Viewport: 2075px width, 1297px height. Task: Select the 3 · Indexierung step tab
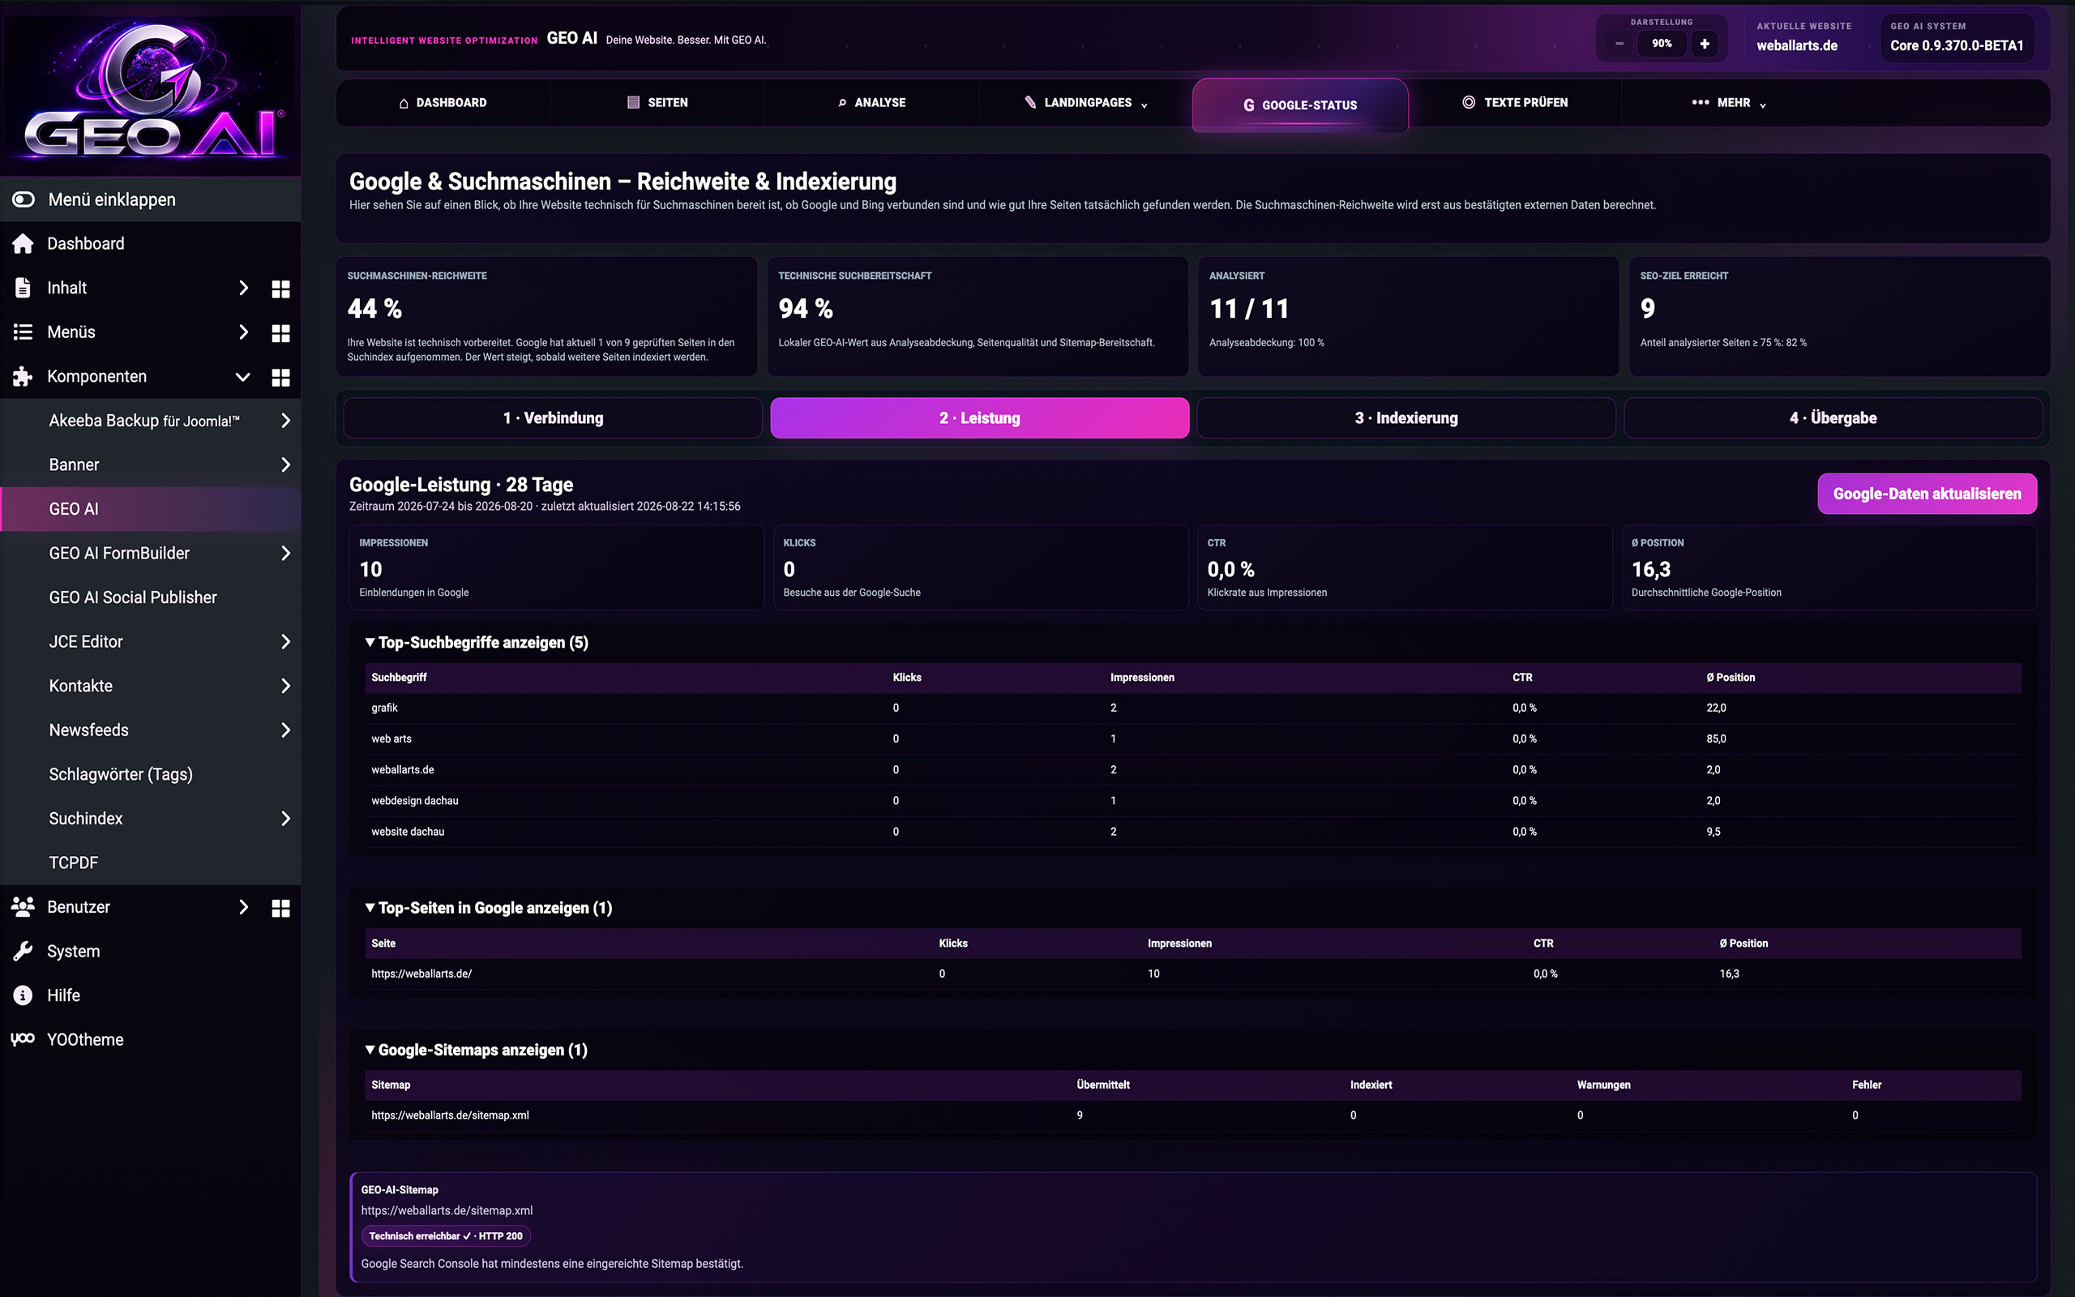1406,417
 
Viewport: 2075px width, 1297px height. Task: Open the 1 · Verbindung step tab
553,417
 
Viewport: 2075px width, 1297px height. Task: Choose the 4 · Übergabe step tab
1833,417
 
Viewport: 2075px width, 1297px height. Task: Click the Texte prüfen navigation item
1514,103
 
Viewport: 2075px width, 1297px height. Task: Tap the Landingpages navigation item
1085,103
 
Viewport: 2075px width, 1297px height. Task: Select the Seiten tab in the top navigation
657,103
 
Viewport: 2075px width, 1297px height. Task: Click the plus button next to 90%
1705,44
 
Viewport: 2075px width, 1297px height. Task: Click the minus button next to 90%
1619,44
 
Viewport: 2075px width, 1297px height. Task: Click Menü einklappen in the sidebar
112,200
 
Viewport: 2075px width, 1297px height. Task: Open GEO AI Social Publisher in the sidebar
133,597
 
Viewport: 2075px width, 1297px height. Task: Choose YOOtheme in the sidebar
85,1040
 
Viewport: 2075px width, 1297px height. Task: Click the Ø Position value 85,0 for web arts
1716,738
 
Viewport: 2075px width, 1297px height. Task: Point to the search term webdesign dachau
415,800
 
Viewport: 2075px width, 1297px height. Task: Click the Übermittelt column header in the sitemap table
1102,1085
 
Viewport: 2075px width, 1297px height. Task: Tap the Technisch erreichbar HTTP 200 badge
446,1236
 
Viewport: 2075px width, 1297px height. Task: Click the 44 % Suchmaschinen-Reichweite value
374,308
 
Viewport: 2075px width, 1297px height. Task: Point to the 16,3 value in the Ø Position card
1650,570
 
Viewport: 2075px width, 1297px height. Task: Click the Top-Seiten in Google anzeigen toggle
489,908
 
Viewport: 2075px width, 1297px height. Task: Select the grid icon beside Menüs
280,333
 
